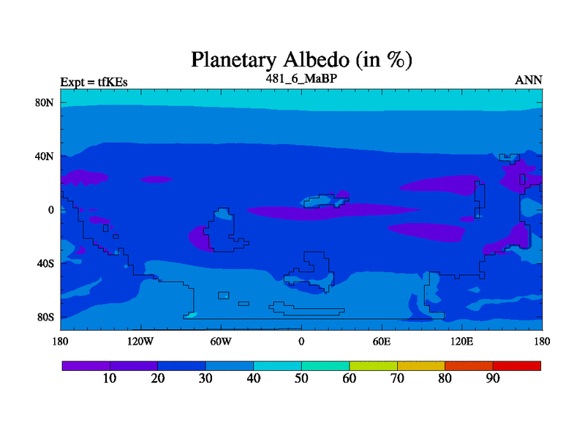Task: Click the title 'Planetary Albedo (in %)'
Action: click(301, 60)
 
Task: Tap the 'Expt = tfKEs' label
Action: click(94, 82)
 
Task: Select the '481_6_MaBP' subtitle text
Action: click(301, 78)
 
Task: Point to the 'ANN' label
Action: click(528, 80)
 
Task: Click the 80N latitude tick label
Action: click(45, 102)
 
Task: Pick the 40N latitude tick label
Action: click(45, 156)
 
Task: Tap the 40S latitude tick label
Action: click(45, 263)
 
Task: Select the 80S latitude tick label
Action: click(45, 318)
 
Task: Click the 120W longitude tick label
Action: click(140, 341)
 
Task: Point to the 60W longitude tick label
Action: click(221, 341)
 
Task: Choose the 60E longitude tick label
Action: click(382, 341)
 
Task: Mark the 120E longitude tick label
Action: click(462, 341)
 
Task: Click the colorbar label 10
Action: click(110, 378)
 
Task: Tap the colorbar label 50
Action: click(301, 378)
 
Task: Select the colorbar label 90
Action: click(493, 378)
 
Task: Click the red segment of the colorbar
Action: click(517, 366)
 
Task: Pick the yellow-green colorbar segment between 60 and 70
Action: click(373, 366)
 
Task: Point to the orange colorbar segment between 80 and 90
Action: click(469, 366)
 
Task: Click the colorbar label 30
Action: click(205, 378)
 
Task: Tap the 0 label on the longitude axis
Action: click(301, 341)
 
